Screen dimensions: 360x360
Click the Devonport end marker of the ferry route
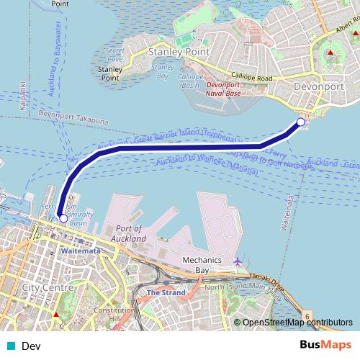tap(302, 121)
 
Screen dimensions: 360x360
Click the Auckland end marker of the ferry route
tap(63, 217)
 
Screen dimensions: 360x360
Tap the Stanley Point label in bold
tap(178, 53)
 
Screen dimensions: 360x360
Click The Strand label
tap(166, 292)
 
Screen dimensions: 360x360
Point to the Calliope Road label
tap(250, 76)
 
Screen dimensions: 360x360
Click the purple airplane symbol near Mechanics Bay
tap(238, 261)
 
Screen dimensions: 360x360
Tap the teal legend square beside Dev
tap(10, 346)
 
